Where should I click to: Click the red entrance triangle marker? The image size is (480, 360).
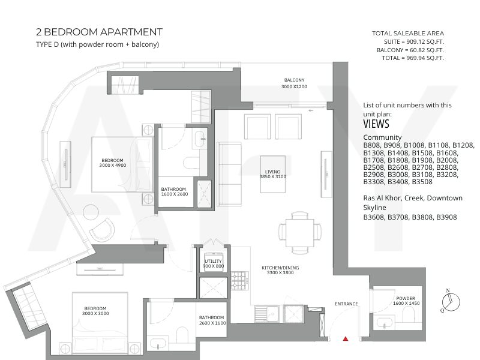346,338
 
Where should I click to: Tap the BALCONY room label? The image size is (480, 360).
294,80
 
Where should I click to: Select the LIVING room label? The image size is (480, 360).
272,172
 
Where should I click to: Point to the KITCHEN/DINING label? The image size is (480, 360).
280,268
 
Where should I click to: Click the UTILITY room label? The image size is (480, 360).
213,261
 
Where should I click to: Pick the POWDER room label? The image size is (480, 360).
406,298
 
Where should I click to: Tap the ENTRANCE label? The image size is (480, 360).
346,304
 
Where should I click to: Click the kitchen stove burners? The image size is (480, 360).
240,280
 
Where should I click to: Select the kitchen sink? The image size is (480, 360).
266,314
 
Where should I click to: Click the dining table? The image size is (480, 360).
300,233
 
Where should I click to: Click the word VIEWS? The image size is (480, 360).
376,124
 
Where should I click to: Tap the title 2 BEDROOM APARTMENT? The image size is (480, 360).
99,32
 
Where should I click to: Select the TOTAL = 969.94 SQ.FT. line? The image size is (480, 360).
413,58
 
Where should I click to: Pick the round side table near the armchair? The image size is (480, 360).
91,212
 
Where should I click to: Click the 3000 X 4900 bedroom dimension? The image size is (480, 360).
113,166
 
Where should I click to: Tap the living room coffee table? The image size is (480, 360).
273,174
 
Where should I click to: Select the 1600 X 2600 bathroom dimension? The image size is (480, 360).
175,194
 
